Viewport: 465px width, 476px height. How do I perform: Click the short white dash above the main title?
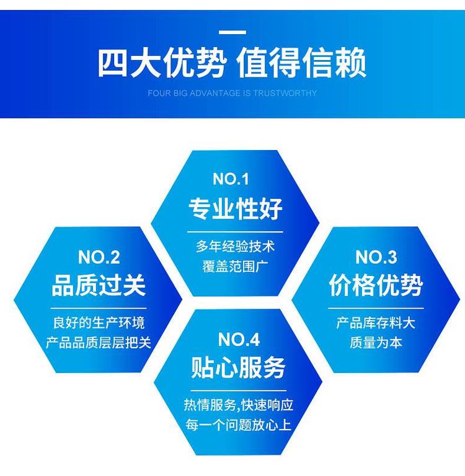point(232,32)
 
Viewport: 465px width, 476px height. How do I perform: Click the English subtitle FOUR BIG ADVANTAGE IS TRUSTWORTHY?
point(232,93)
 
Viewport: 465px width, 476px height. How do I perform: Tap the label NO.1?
point(231,178)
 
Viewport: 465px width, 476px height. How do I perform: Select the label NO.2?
point(99,257)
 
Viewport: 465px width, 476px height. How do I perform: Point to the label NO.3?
point(376,257)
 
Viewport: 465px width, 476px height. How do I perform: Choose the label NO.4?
point(239,340)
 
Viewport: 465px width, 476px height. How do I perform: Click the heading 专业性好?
point(236,208)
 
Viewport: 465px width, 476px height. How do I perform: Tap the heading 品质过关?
point(99,285)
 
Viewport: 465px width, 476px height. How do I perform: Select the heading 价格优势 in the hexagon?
point(376,285)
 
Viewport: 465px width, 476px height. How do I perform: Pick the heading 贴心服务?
point(239,368)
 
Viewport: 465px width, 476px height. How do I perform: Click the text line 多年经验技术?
point(236,247)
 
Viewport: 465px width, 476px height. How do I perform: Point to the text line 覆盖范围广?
point(236,267)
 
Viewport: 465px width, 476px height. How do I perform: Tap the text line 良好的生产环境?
point(99,323)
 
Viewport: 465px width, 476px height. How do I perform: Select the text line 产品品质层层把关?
point(99,343)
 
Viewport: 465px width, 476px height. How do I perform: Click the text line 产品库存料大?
point(376,323)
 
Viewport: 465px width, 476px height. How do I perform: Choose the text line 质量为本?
point(376,343)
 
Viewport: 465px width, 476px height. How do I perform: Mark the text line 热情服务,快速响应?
point(239,405)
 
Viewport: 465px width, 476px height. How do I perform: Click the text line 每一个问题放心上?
point(239,425)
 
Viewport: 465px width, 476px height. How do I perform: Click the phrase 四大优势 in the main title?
point(162,63)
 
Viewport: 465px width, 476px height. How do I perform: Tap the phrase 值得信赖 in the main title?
point(301,63)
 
